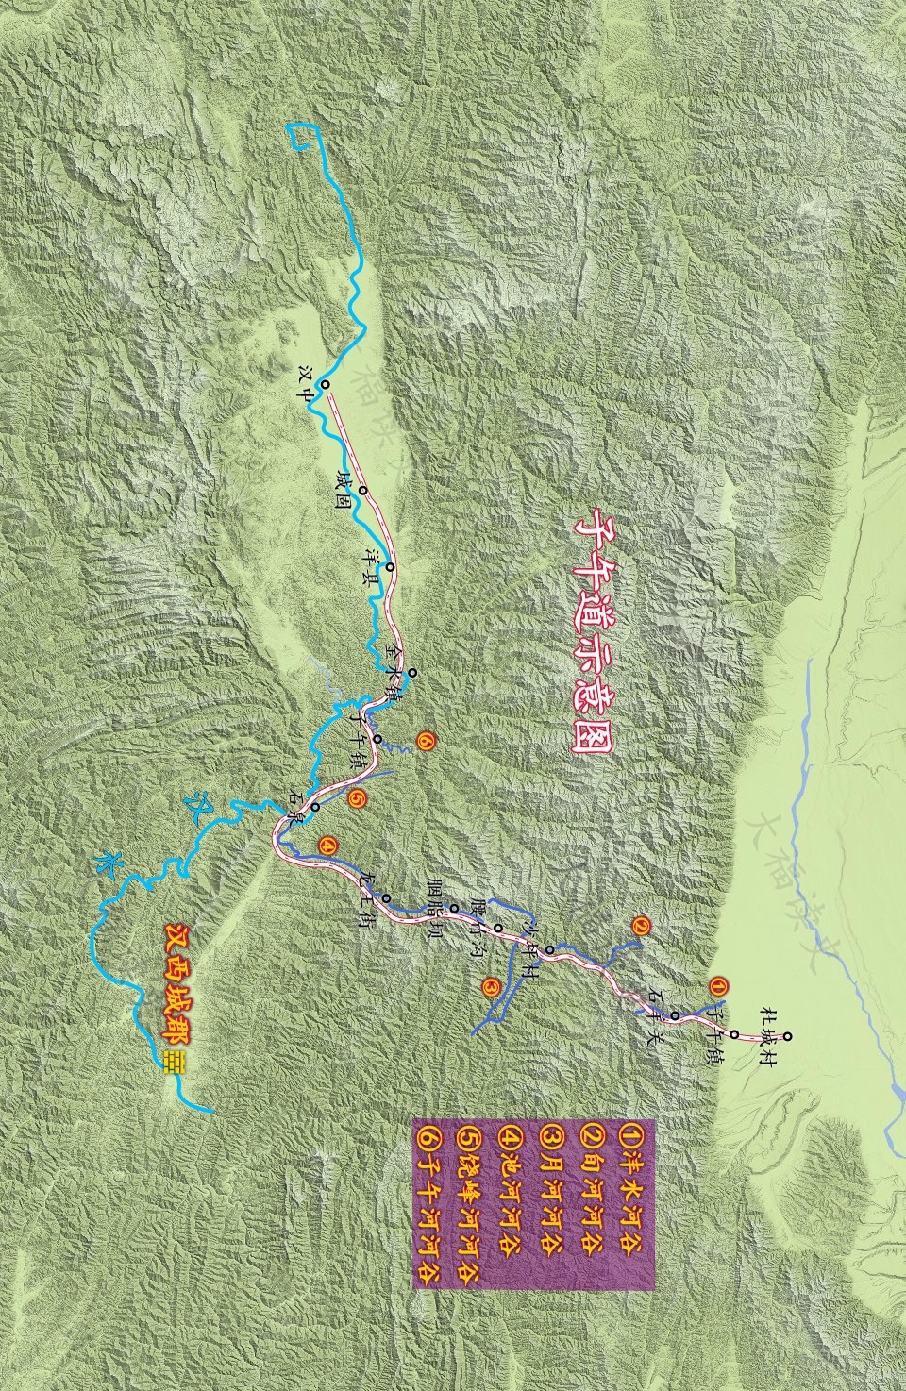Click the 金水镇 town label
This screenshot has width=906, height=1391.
[x=395, y=667]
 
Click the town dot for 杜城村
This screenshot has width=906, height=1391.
[x=787, y=1037]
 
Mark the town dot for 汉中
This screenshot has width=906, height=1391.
[x=324, y=385]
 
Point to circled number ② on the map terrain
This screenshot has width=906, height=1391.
[x=641, y=926]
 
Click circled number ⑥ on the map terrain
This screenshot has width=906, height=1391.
[x=425, y=743]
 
